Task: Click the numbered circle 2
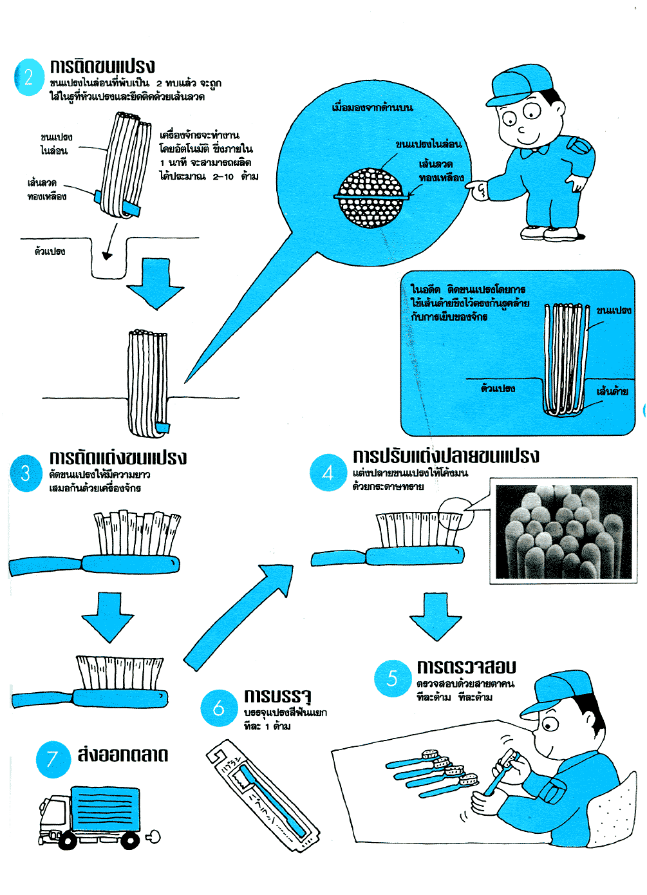click(29, 78)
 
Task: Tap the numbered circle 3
click(26, 474)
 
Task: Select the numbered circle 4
click(328, 473)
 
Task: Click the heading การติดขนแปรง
click(102, 66)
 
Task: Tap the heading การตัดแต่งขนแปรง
click(118, 458)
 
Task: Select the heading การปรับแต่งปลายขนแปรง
click(445, 457)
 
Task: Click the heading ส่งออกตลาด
click(123, 755)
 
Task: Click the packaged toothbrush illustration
click(263, 796)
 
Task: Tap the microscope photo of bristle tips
click(563, 532)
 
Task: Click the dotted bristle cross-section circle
click(371, 197)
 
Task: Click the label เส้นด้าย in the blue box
click(612, 391)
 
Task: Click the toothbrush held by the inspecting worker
click(501, 773)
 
